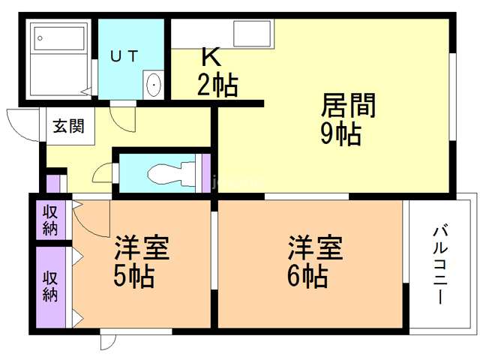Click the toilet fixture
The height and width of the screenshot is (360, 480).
(x=172, y=175)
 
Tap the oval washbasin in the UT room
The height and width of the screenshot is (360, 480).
(x=154, y=85)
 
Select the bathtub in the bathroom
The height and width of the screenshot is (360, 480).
(x=59, y=38)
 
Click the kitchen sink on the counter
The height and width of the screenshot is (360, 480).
(x=252, y=33)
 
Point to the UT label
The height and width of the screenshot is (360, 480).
(x=124, y=56)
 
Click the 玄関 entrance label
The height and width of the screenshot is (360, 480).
(x=68, y=126)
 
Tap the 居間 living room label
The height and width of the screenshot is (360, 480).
(x=348, y=105)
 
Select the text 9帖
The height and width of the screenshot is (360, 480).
(x=340, y=133)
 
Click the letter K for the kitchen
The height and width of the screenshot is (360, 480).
(x=211, y=57)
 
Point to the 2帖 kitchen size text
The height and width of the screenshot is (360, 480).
(x=217, y=85)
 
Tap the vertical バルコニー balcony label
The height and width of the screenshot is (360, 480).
(x=440, y=264)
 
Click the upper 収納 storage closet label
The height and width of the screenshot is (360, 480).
(x=50, y=220)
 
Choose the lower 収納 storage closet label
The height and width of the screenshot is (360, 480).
(x=50, y=286)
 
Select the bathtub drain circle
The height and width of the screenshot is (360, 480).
(x=40, y=38)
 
